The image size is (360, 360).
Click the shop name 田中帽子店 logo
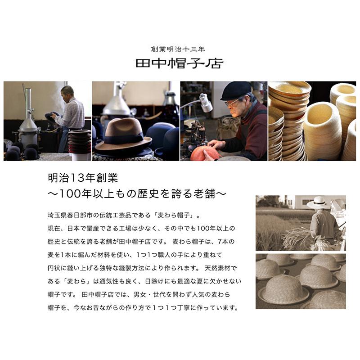(179, 63)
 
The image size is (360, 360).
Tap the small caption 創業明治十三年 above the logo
(179, 49)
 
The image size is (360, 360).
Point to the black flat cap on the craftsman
(236, 90)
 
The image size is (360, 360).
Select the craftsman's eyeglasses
(233, 103)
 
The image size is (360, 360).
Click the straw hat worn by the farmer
(318, 202)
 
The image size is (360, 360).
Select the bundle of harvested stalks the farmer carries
(297, 236)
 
